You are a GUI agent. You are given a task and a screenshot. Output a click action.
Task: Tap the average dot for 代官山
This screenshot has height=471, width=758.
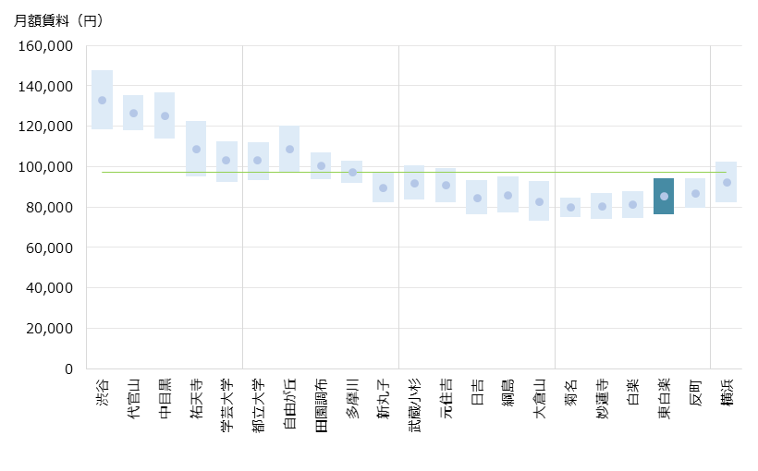(133, 114)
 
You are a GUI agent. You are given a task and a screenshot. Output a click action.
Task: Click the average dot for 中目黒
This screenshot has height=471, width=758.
(165, 116)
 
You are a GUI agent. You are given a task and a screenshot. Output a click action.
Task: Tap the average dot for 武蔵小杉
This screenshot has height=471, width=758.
(414, 183)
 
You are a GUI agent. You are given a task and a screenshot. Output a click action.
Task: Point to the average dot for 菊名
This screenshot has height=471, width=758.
(570, 208)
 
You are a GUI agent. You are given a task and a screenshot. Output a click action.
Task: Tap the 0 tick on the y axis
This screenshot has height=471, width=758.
(68, 368)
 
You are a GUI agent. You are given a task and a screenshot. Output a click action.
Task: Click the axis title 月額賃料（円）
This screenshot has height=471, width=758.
(58, 21)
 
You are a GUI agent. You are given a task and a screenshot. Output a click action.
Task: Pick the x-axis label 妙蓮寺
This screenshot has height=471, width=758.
(602, 399)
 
